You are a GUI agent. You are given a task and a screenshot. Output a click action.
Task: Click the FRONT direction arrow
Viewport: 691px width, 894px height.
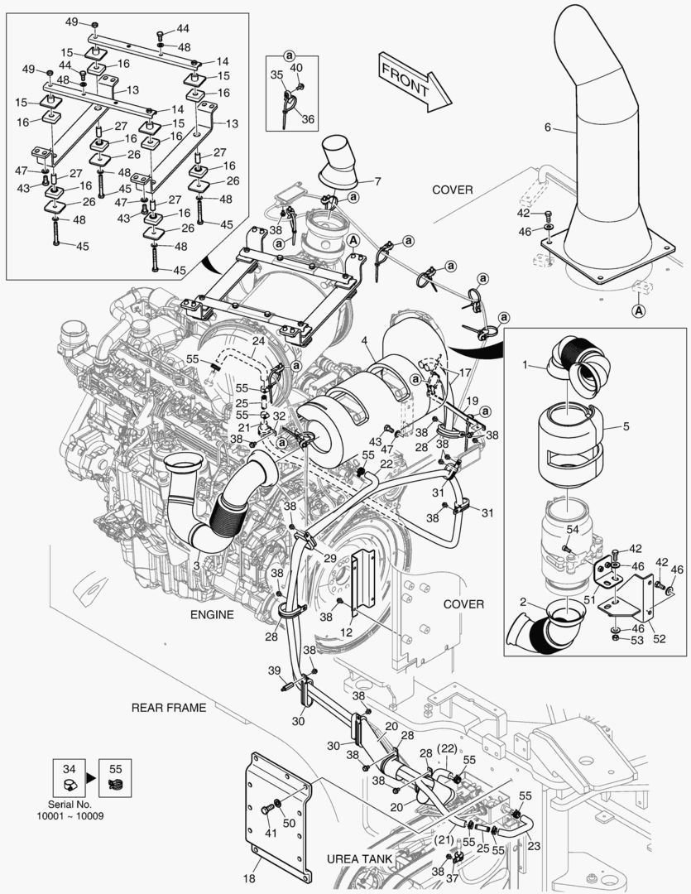click(x=415, y=81)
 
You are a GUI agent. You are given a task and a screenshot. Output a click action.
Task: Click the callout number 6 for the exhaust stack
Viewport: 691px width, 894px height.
click(x=547, y=128)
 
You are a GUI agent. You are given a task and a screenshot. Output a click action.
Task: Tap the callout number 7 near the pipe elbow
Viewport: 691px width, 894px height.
click(x=377, y=180)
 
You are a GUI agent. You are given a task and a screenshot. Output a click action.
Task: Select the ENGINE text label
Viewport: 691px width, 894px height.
click(x=212, y=614)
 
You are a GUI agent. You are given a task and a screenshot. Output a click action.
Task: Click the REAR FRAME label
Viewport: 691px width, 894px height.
click(x=168, y=708)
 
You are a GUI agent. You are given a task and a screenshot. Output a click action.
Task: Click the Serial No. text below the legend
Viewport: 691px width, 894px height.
click(x=70, y=804)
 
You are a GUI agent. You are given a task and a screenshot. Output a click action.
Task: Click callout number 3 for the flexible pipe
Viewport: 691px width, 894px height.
click(x=196, y=565)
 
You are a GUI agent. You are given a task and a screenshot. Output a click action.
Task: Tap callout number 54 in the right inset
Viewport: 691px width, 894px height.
click(x=573, y=529)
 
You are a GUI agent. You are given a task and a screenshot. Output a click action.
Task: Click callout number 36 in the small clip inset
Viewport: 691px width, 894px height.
click(x=308, y=119)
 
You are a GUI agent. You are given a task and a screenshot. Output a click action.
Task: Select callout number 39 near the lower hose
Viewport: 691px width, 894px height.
click(x=274, y=670)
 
